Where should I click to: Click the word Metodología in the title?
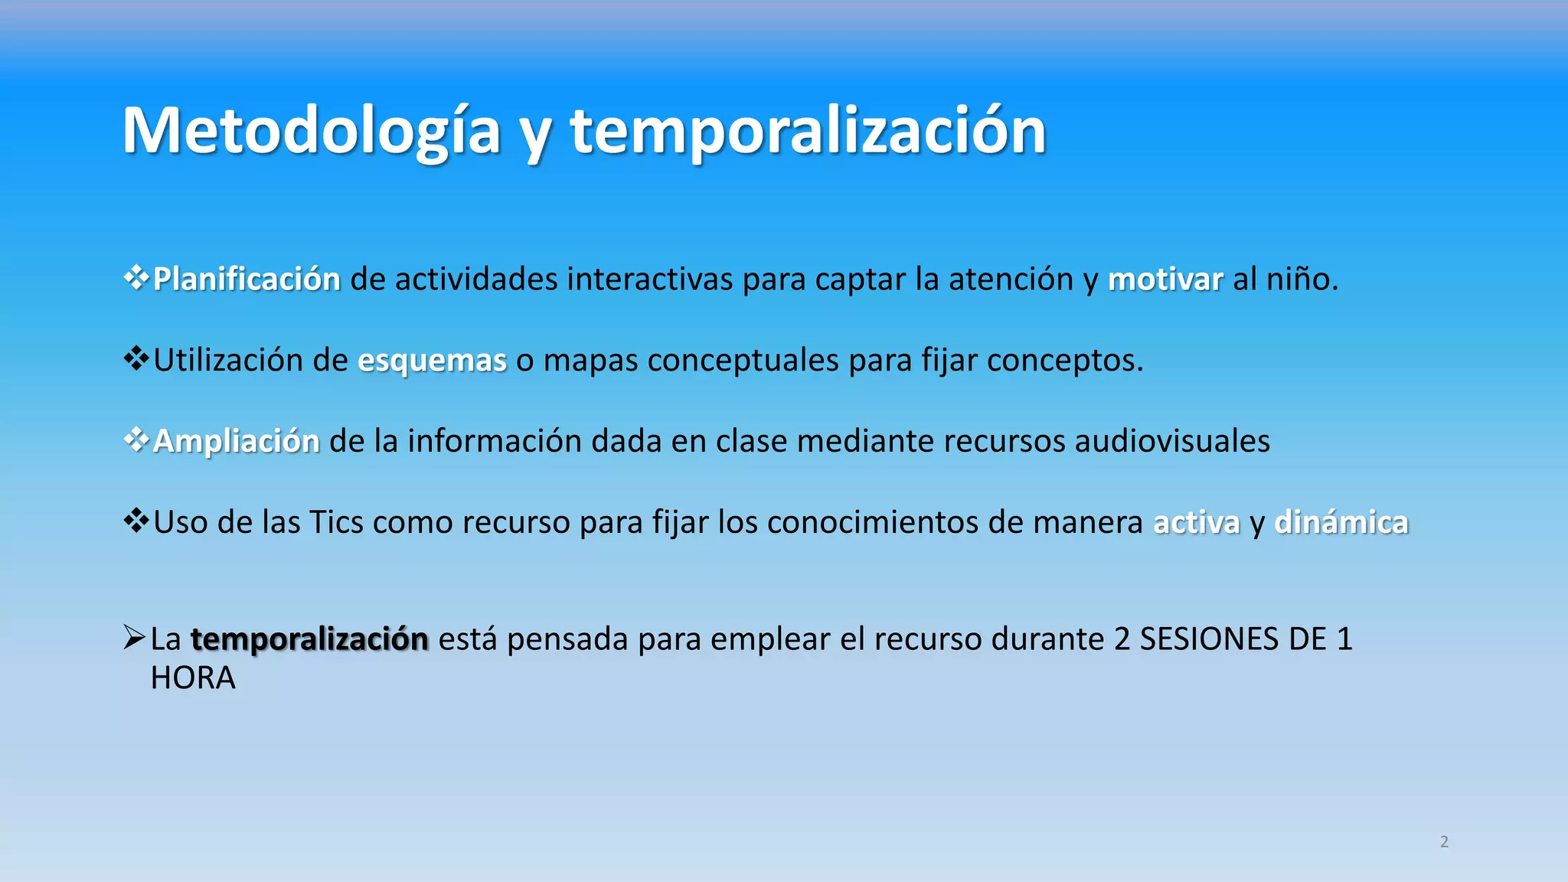click(311, 132)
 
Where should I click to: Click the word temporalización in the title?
click(808, 132)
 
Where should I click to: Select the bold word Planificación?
click(247, 279)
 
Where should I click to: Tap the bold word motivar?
click(1165, 279)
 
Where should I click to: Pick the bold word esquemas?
click(432, 361)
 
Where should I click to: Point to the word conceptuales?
click(743, 361)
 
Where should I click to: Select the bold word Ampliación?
click(236, 442)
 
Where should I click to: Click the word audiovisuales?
click(1172, 442)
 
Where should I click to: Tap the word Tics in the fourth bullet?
click(336, 523)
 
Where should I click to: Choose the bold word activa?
click(1196, 523)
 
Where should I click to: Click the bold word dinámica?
click(1341, 523)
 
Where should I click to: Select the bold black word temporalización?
click(309, 639)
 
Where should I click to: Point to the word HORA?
click(193, 678)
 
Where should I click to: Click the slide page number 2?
click(1444, 842)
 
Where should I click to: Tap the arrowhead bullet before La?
click(134, 637)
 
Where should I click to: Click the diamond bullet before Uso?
click(136, 521)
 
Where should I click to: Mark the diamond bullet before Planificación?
click(136, 278)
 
